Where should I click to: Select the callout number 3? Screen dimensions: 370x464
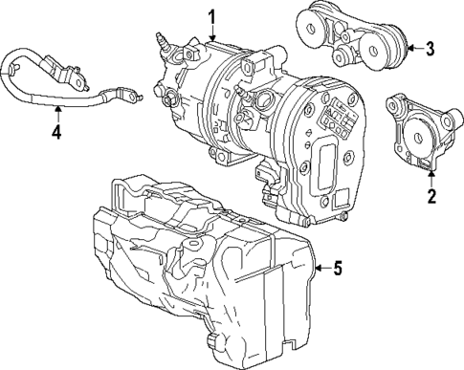pos(431,47)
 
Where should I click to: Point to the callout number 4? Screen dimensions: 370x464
pos(55,132)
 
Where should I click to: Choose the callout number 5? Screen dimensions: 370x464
pos(336,269)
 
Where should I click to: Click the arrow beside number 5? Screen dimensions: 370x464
pos(320,269)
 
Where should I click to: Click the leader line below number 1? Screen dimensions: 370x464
pos(212,33)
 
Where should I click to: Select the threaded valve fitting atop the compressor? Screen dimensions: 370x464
pos(165,43)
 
